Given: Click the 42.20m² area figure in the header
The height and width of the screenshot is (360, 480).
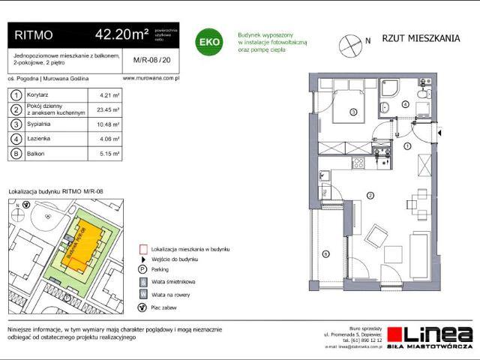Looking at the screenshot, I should pos(121,34).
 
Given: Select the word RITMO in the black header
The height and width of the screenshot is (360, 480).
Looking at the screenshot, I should pos(34,34).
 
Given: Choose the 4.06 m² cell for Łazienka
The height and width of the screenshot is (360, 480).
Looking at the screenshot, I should pos(109,139).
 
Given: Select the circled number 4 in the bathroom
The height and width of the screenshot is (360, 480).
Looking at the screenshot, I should pos(406,104).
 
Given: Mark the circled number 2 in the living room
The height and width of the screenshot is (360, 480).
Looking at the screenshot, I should pos(370,195).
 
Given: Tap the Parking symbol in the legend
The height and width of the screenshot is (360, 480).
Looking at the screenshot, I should pos(142,269).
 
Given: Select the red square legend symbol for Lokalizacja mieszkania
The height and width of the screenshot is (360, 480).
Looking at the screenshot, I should pos(142,248).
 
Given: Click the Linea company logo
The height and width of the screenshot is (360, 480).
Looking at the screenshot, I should pos(435,335).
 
